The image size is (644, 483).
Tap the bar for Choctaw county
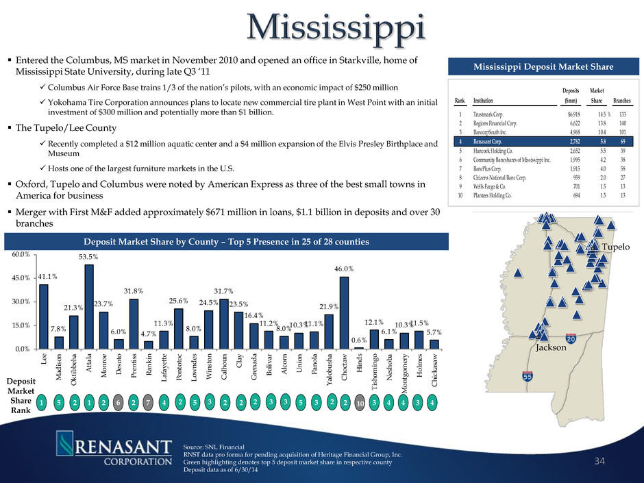pyautogui.click(x=344, y=312)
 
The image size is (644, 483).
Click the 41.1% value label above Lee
pyautogui.click(x=43, y=276)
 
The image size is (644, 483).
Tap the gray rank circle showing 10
pyautogui.click(x=360, y=404)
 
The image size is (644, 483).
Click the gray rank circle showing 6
pyautogui.click(x=119, y=404)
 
